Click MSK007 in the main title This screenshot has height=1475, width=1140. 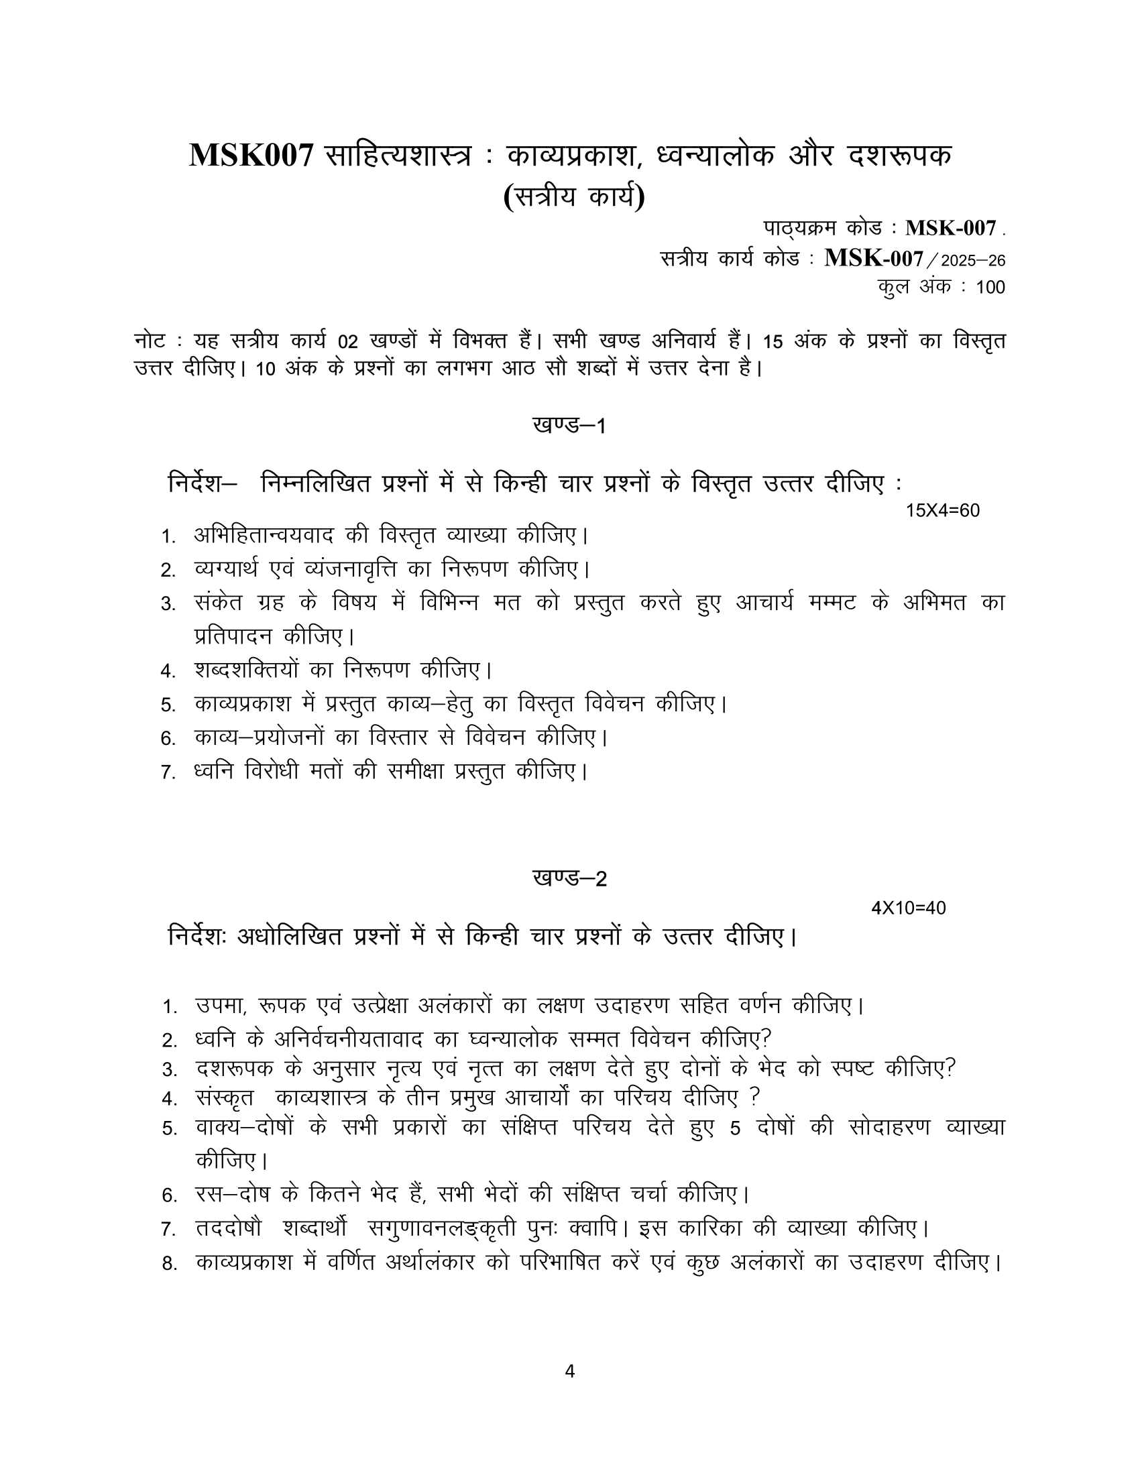[251, 156]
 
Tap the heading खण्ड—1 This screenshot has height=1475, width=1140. [569, 426]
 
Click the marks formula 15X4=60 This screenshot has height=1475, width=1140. [942, 511]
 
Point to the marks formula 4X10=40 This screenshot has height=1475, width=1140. [909, 908]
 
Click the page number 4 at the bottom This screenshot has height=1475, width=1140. [569, 1371]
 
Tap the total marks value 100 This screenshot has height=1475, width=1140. [990, 288]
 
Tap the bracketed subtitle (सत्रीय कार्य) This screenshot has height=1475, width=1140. [574, 197]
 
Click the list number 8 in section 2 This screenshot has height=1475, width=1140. [169, 1263]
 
